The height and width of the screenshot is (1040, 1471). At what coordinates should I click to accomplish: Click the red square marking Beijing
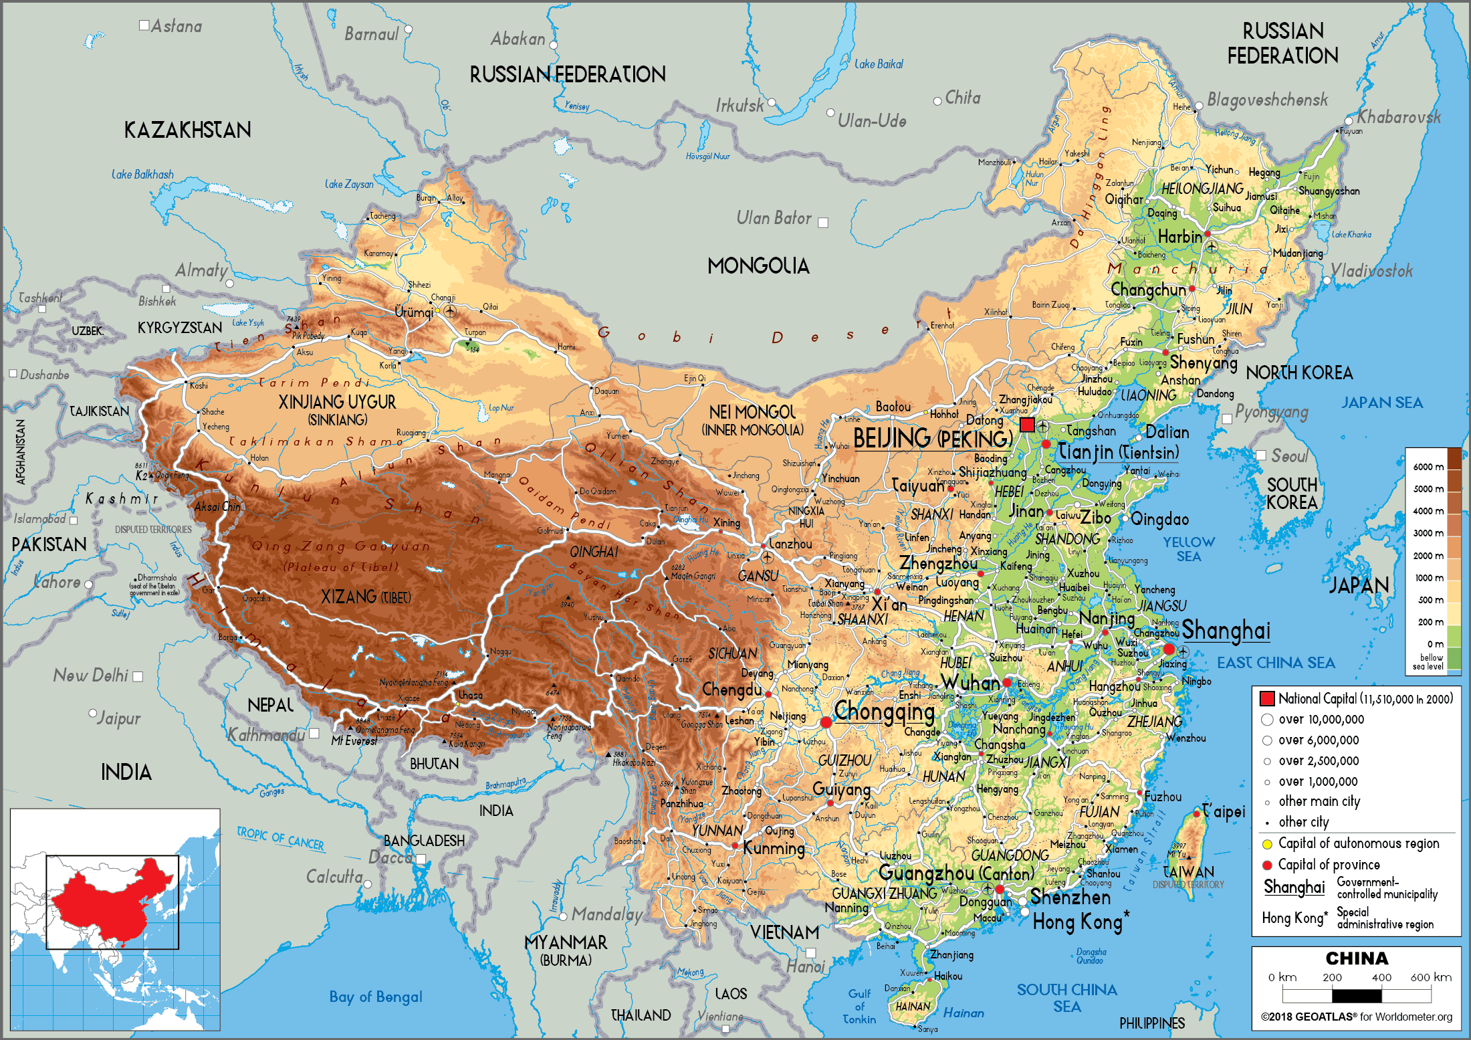point(1027,425)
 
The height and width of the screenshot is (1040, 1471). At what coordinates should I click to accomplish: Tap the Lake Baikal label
point(879,64)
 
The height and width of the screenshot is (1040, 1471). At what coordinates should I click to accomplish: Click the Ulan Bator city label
point(774,218)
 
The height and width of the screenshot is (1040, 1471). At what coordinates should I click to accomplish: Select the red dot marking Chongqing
point(826,722)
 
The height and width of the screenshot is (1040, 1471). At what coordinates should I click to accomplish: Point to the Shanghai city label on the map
point(1226,630)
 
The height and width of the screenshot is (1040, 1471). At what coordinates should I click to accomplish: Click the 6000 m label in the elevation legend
point(1428,467)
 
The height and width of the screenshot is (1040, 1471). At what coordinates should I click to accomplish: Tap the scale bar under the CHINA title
point(1357,996)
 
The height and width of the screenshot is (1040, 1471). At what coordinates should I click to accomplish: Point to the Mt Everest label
point(354,741)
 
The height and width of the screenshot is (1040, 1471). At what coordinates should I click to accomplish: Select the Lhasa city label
point(470,696)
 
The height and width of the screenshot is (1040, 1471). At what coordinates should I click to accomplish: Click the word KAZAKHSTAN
point(188,130)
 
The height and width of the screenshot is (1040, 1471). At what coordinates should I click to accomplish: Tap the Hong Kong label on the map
point(1077,922)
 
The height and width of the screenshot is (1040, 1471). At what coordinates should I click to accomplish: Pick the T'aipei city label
point(1224,811)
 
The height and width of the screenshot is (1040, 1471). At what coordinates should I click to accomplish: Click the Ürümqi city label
point(414,312)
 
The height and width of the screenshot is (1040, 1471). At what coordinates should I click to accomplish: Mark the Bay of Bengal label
point(375,997)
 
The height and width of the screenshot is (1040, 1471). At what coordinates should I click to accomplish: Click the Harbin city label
point(1179,237)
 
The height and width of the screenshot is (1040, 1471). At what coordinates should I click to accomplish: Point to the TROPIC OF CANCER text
point(280,838)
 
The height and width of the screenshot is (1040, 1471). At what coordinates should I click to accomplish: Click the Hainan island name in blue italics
point(964,1013)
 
